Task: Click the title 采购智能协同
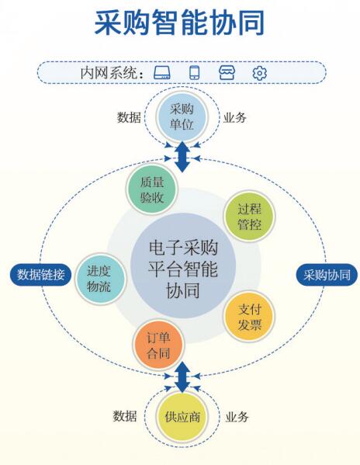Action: click(x=179, y=23)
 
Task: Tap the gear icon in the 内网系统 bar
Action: click(x=260, y=73)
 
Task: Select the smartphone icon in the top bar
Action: click(x=195, y=73)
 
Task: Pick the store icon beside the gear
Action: click(x=227, y=73)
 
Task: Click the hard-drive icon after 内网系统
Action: click(x=162, y=73)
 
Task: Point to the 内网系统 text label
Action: click(x=112, y=73)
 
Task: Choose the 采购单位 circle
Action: click(x=182, y=117)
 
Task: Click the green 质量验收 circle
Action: click(x=152, y=189)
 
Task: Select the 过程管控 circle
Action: click(x=249, y=216)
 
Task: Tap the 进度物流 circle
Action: click(x=100, y=279)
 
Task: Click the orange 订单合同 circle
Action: click(x=158, y=345)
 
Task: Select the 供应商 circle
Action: click(x=182, y=417)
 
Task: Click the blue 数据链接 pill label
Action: click(x=40, y=275)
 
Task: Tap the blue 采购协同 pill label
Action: click(x=327, y=275)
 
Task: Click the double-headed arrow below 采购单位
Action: click(x=182, y=157)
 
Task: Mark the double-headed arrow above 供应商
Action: click(x=182, y=377)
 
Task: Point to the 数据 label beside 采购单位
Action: click(x=129, y=117)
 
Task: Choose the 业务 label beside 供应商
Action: click(x=237, y=417)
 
